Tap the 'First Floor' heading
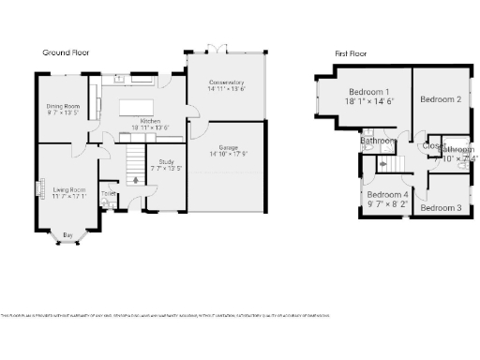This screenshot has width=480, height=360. tap(351, 53)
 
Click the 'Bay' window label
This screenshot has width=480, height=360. tap(67, 234)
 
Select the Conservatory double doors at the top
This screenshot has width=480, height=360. tap(217, 48)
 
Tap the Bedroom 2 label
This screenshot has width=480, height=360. tap(440, 99)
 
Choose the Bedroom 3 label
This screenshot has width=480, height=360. tap(440, 207)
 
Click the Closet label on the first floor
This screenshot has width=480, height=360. tap(432, 145)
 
